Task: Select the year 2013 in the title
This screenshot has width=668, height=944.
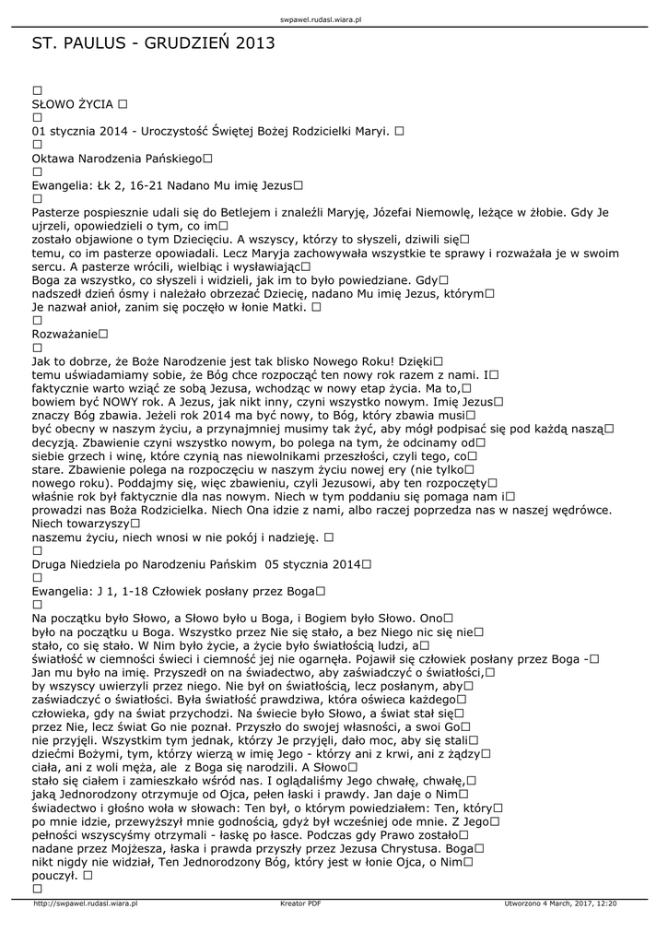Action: pyautogui.click(x=255, y=42)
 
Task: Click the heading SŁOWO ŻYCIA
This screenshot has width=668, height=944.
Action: pyautogui.click(x=73, y=104)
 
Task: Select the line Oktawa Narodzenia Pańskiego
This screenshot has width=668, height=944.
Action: pyautogui.click(x=116, y=159)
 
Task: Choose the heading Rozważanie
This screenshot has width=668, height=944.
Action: pyautogui.click(x=64, y=333)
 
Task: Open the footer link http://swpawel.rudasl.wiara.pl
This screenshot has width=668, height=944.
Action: pyautogui.click(x=85, y=903)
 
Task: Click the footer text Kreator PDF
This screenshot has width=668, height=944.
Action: pyautogui.click(x=300, y=903)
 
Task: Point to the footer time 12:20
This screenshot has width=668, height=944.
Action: pyautogui.click(x=607, y=903)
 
